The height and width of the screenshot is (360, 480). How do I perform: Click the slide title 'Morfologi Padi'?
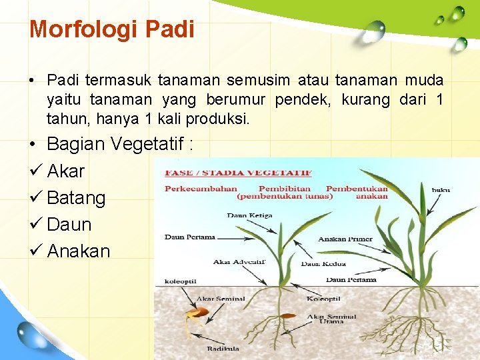coord(112,29)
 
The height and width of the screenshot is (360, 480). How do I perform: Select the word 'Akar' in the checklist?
coord(66,171)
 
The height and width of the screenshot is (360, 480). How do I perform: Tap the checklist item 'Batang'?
coord(76,198)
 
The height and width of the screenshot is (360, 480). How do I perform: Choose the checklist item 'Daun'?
coord(69,225)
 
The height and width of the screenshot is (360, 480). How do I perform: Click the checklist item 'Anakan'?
coord(78,251)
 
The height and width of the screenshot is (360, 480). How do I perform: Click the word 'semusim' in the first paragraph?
coord(258,81)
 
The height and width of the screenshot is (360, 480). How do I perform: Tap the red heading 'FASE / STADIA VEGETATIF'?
coord(238,173)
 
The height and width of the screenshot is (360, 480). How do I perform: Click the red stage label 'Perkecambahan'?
coord(201,189)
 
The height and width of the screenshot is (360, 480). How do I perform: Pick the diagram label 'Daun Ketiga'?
coord(245,215)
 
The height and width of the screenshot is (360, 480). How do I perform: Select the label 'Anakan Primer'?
coord(345,239)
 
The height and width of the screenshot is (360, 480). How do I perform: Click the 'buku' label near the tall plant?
coord(441,190)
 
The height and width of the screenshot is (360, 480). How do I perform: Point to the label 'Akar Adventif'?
coord(239,262)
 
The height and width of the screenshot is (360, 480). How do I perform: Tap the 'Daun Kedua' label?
coord(323,264)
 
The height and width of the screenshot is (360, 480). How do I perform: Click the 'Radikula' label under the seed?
coord(221,348)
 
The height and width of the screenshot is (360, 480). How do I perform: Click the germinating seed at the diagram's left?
coord(194,313)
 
